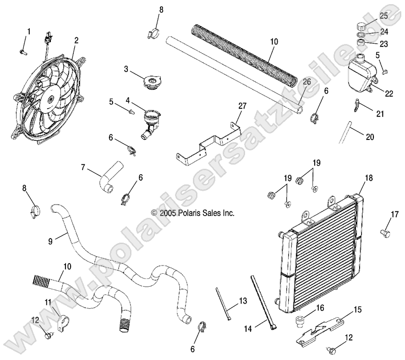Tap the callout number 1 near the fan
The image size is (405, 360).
(29, 32)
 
